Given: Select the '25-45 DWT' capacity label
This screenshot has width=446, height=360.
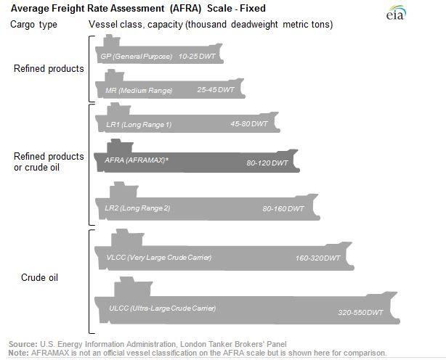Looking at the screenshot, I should pyautogui.click(x=216, y=90).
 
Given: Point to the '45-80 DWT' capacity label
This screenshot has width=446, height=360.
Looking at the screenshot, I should pyautogui.click(x=249, y=123).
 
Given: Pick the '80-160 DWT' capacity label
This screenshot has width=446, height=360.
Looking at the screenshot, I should pyautogui.click(x=284, y=208).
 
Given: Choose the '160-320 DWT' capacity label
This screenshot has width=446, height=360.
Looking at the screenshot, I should pyautogui.click(x=318, y=258).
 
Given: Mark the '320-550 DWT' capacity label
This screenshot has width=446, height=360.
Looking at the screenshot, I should pyautogui.click(x=360, y=313).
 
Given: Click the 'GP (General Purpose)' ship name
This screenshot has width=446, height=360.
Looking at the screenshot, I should pyautogui.click(x=137, y=56).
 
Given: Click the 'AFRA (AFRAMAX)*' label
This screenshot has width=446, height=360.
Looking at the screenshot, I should pyautogui.click(x=132, y=159).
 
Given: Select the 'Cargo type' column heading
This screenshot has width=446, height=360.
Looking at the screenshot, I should pyautogui.click(x=33, y=25).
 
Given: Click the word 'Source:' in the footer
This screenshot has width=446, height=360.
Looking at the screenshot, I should pyautogui.click(x=22, y=344).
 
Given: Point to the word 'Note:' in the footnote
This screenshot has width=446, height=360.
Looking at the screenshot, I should pyautogui.click(x=19, y=352).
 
